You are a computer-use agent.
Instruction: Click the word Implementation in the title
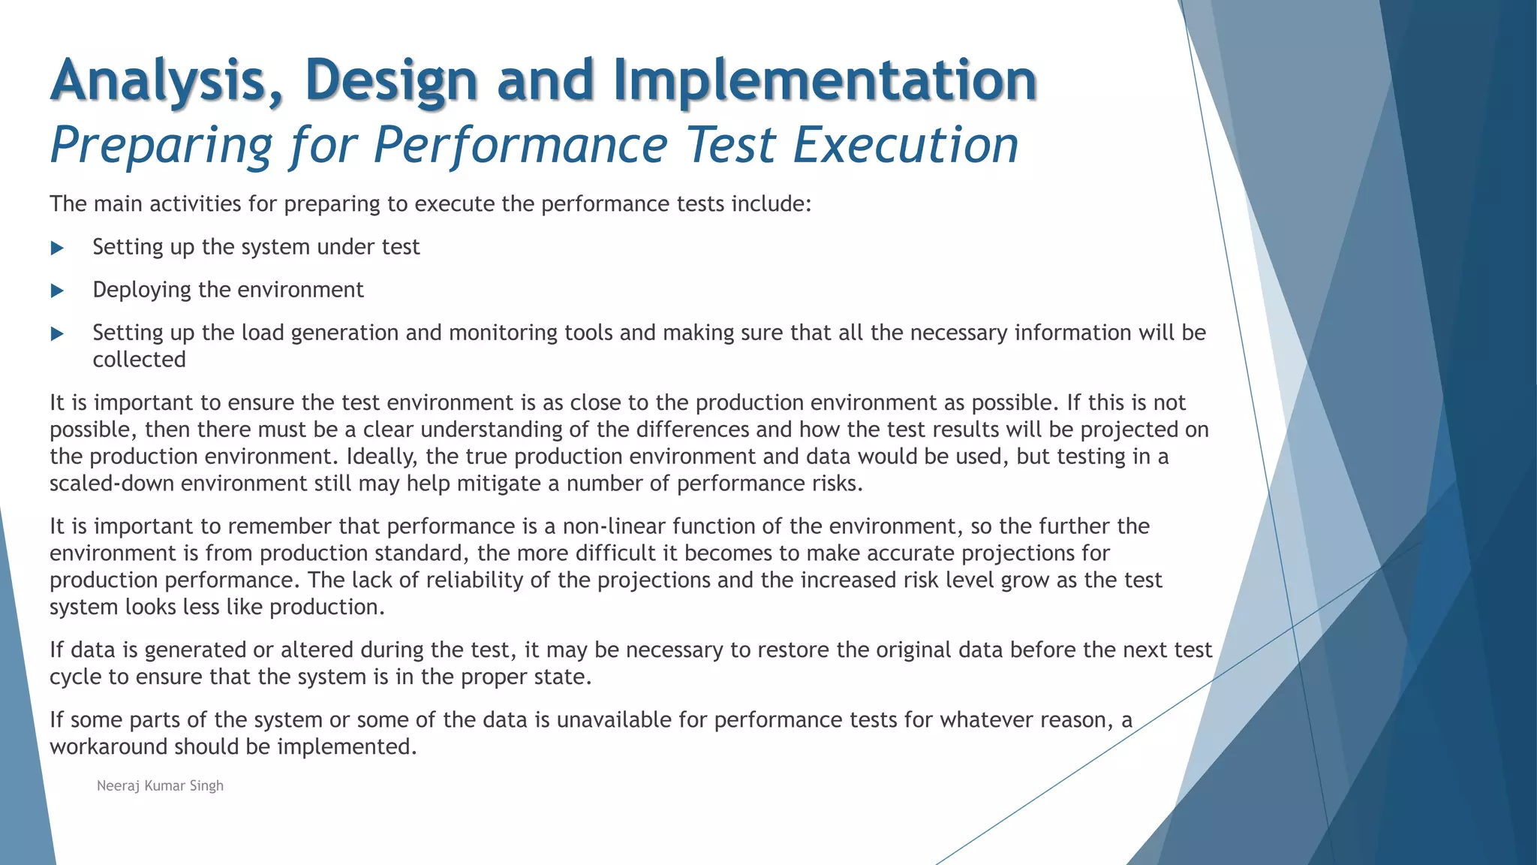[826, 80]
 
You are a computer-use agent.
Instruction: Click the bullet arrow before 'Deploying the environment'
[57, 291]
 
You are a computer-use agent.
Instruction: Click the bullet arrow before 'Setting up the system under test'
[57, 248]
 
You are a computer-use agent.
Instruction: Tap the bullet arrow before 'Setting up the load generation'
[57, 333]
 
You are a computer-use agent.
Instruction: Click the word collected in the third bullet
[139, 360]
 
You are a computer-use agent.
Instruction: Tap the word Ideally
[380, 457]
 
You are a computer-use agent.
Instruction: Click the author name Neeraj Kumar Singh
[160, 785]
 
